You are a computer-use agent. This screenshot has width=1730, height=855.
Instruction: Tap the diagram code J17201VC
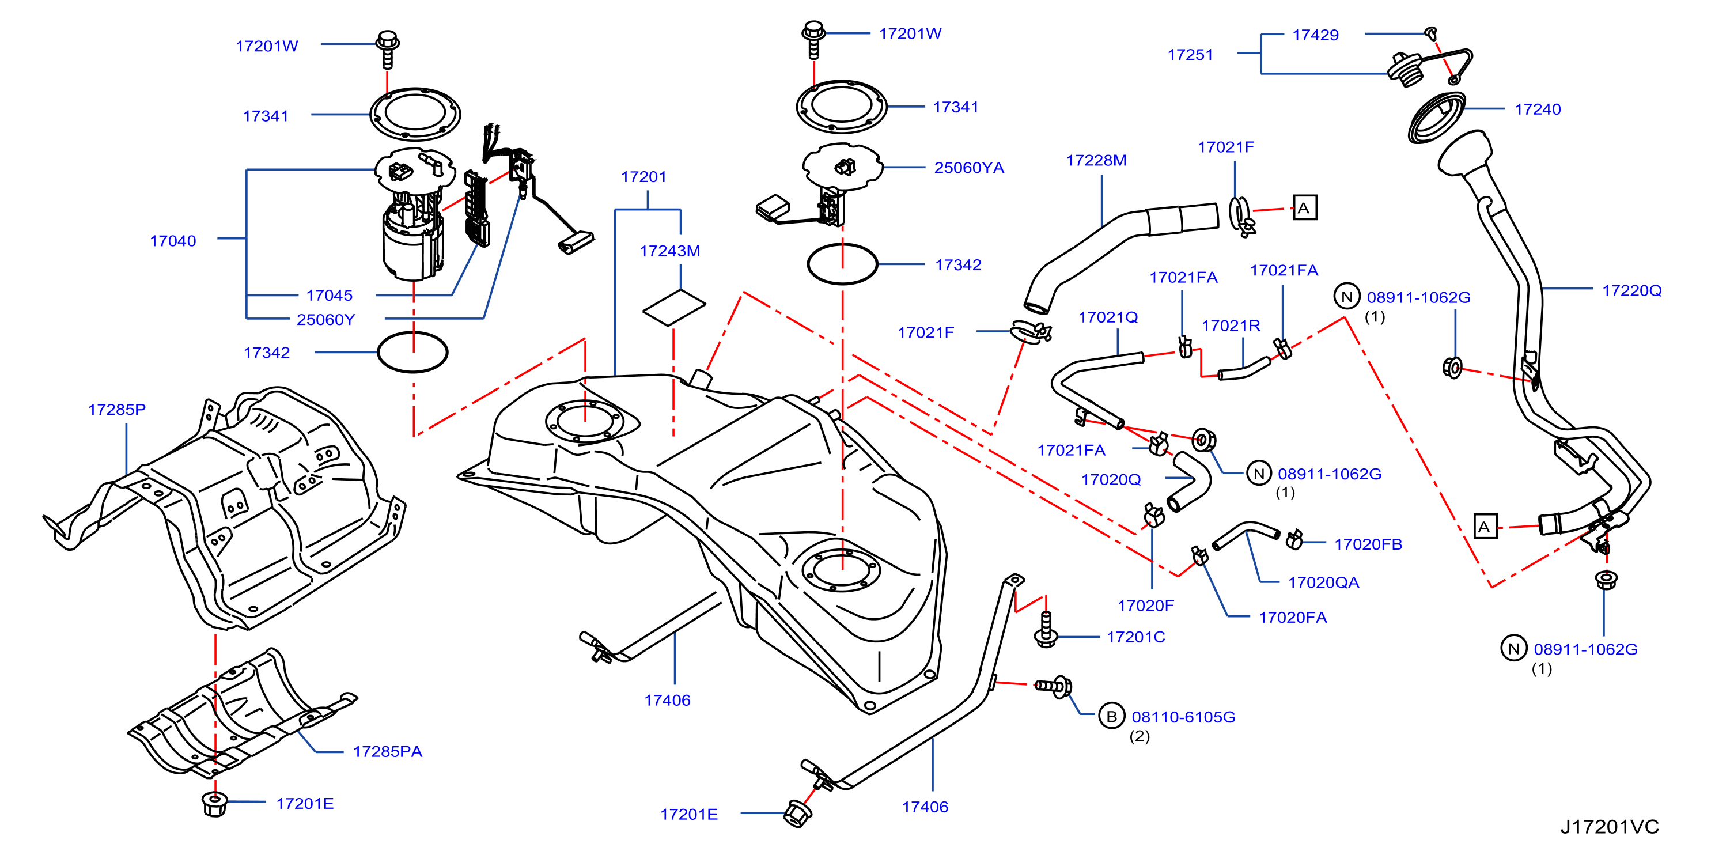tap(1609, 826)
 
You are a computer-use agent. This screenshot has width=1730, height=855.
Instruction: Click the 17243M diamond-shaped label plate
tap(673, 308)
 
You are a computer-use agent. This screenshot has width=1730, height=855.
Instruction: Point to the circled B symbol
tap(1111, 716)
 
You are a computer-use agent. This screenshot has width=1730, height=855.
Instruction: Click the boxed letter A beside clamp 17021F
tap(1304, 207)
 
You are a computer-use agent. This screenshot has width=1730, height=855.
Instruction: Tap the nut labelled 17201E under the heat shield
tap(214, 803)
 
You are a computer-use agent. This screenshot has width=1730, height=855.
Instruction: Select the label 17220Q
tap(1632, 290)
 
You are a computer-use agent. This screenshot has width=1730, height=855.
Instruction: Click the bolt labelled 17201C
tap(1046, 629)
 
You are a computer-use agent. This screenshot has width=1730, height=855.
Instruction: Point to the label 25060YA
tap(969, 167)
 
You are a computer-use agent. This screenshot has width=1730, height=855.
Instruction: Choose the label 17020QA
tap(1323, 582)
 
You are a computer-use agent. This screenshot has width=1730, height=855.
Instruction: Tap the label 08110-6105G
tap(1183, 717)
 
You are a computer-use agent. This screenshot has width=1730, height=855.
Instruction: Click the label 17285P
tap(117, 409)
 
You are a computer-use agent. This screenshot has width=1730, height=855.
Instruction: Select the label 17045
tap(329, 295)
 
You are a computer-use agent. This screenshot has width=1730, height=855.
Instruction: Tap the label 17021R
tap(1231, 325)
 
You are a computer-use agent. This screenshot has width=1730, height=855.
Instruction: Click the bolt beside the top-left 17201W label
tap(388, 49)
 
